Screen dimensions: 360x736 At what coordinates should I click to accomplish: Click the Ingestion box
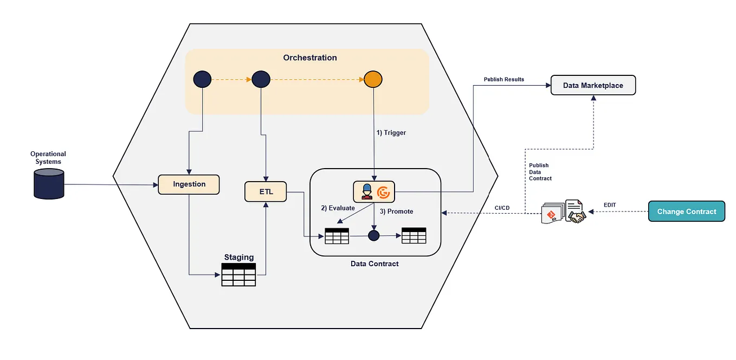pos(189,184)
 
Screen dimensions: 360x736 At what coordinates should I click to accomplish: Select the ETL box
pos(265,192)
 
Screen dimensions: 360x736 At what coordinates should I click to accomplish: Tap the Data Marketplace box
pos(592,86)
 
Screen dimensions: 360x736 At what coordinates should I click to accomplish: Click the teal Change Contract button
pos(686,211)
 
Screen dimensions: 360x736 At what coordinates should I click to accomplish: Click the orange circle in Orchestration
pos(373,79)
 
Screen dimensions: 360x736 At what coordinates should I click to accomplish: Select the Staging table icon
pos(238,274)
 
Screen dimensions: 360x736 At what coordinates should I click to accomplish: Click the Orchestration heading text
pos(309,58)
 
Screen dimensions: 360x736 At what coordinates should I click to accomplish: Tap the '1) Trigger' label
pos(391,133)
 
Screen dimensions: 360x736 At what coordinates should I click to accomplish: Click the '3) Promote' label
pos(396,211)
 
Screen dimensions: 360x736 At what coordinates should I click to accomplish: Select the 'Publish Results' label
pos(503,80)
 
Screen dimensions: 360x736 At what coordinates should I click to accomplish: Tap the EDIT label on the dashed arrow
pos(610,205)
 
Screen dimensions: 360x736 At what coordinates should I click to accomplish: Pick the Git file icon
pos(551,215)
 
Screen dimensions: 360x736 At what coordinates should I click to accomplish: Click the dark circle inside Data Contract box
pos(374,236)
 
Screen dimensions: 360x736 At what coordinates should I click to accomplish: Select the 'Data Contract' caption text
pos(375,264)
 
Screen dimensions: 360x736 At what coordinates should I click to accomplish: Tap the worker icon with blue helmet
pos(366,191)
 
